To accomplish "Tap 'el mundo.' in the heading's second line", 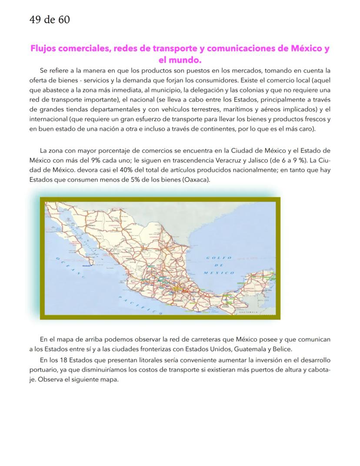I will tap(180, 59).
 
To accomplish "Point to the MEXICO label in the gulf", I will tap(219, 273).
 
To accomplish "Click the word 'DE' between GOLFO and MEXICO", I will tap(219, 265).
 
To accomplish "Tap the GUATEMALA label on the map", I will tap(250, 312).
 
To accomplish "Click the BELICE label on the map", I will tap(263, 300).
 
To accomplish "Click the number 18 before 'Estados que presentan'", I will tap(67, 360).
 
